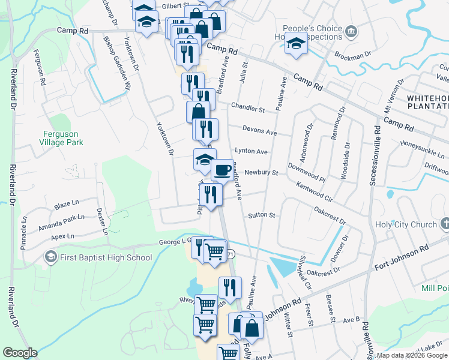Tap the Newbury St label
[x=261, y=173]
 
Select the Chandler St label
[x=248, y=110]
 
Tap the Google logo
[x=20, y=353]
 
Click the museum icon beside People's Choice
[x=352, y=31]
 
